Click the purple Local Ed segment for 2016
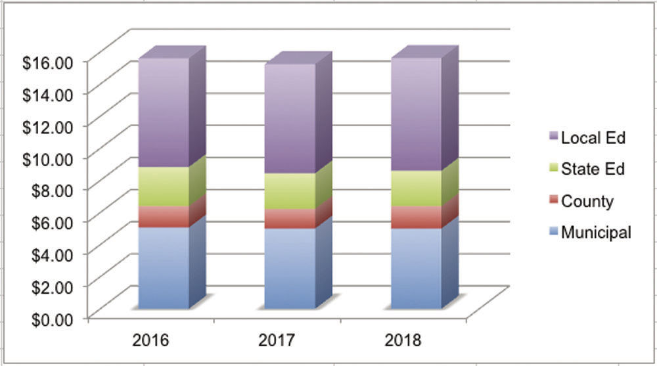[164, 112]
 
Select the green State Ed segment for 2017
[290, 191]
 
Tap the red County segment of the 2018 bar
[416, 217]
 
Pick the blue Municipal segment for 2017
[290, 268]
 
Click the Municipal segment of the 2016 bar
[164, 267]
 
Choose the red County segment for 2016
[164, 216]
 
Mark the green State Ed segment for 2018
[416, 188]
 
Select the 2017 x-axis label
[277, 340]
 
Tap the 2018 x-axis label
[402, 340]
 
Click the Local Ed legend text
[593, 138]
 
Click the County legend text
[587, 201]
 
